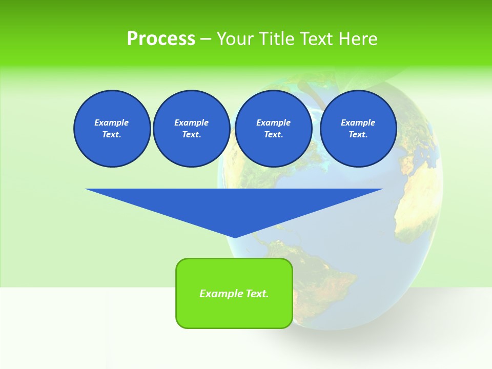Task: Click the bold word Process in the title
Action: (161, 39)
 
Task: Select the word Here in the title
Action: (358, 39)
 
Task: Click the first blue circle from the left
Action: (112, 129)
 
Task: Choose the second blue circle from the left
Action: (191, 129)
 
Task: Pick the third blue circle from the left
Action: (273, 129)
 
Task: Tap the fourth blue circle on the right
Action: (358, 129)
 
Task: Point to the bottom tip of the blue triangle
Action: (235, 237)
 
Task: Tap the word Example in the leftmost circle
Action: (112, 122)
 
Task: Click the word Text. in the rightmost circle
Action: (358, 135)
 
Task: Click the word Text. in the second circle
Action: (191, 135)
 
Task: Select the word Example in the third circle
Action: (273, 122)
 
